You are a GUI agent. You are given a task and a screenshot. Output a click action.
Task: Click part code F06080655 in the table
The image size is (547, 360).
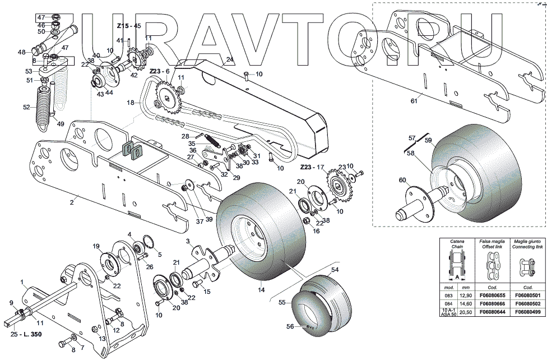(x=494, y=295)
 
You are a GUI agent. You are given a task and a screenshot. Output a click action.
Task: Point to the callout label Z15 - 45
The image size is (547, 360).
(x=128, y=26)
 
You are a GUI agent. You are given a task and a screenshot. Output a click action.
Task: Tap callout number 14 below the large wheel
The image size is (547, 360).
(x=261, y=290)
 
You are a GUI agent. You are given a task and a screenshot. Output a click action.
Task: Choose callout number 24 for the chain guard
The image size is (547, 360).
(x=229, y=59)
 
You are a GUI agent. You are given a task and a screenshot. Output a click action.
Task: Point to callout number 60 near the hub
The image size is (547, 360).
(x=401, y=180)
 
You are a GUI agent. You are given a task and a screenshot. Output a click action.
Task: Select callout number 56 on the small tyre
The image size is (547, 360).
(x=290, y=326)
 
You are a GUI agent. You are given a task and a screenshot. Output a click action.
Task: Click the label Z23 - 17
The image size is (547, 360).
(x=313, y=167)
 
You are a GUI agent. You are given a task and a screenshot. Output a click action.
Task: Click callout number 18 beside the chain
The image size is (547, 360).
(x=130, y=103)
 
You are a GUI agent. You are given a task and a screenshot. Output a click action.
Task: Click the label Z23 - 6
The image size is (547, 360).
(x=159, y=71)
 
